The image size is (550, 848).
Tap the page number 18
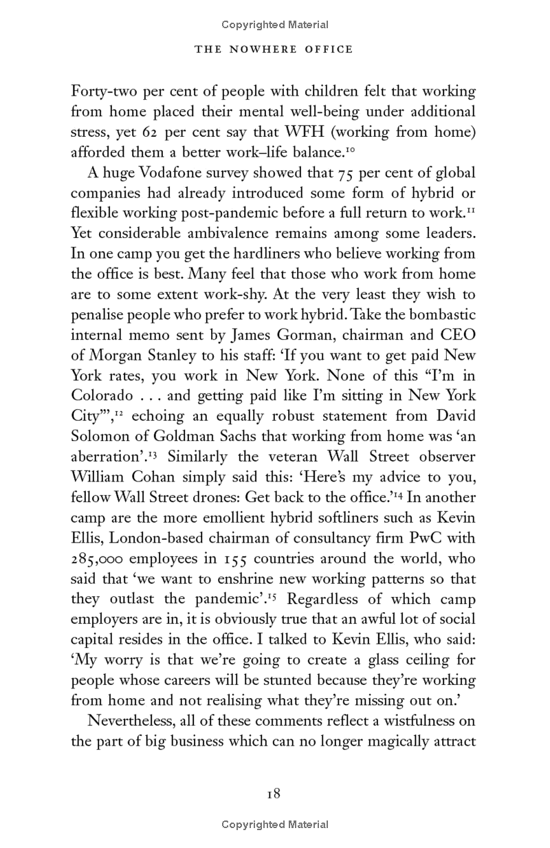(274, 794)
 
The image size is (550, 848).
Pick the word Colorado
(101, 397)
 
